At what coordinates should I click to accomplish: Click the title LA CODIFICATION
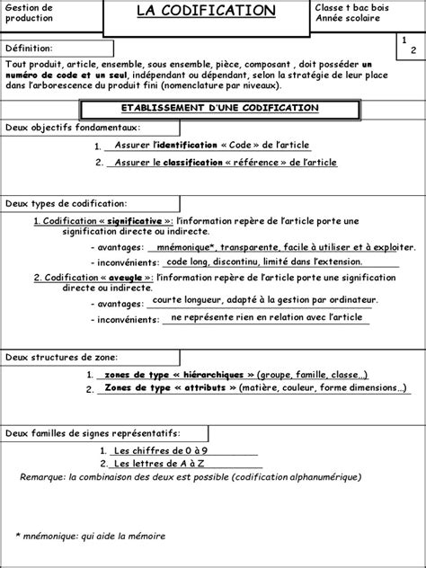pos(206,11)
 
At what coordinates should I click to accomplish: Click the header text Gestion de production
pos(30,13)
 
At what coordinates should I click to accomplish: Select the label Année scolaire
pos(348,18)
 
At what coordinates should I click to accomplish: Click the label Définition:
pos(30,48)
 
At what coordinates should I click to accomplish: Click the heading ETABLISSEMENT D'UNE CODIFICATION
pos(212,108)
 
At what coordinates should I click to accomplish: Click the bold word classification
pos(192,162)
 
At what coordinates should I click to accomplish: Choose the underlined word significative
pos(133,220)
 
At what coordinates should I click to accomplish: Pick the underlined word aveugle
pos(121,278)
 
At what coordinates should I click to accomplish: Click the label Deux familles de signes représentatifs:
pos(93,433)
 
